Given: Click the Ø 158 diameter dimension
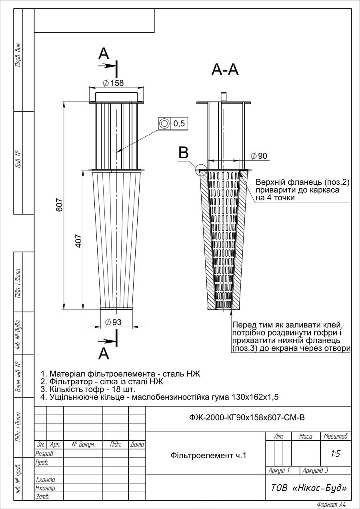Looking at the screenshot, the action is click(x=113, y=83).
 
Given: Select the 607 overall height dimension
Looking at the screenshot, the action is click(x=59, y=205).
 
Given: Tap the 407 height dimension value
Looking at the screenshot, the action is click(x=78, y=241).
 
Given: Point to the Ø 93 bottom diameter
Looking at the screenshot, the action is click(x=113, y=322).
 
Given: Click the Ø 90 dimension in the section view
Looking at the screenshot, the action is click(x=259, y=156).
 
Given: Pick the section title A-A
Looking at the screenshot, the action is click(x=225, y=70).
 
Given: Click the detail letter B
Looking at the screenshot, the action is click(x=184, y=152).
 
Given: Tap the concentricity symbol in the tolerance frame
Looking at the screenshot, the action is click(x=164, y=124).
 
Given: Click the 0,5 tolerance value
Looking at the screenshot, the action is click(x=179, y=124).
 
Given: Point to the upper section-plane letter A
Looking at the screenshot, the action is click(x=104, y=54).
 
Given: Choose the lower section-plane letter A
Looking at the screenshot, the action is click(x=104, y=353).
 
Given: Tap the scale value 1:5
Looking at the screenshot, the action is click(x=336, y=454).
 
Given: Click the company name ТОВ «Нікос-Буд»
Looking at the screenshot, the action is click(x=309, y=488).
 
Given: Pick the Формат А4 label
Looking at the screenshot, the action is click(x=331, y=505).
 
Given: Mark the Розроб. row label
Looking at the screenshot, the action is click(x=44, y=454).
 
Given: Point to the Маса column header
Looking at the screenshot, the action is click(x=306, y=436).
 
